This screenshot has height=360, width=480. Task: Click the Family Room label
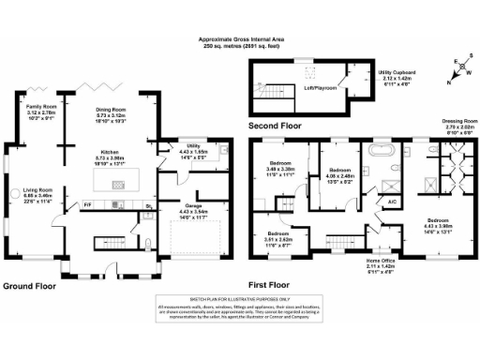38,108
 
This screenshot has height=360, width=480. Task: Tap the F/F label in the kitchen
87,203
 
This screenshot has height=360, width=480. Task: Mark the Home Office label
381,261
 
